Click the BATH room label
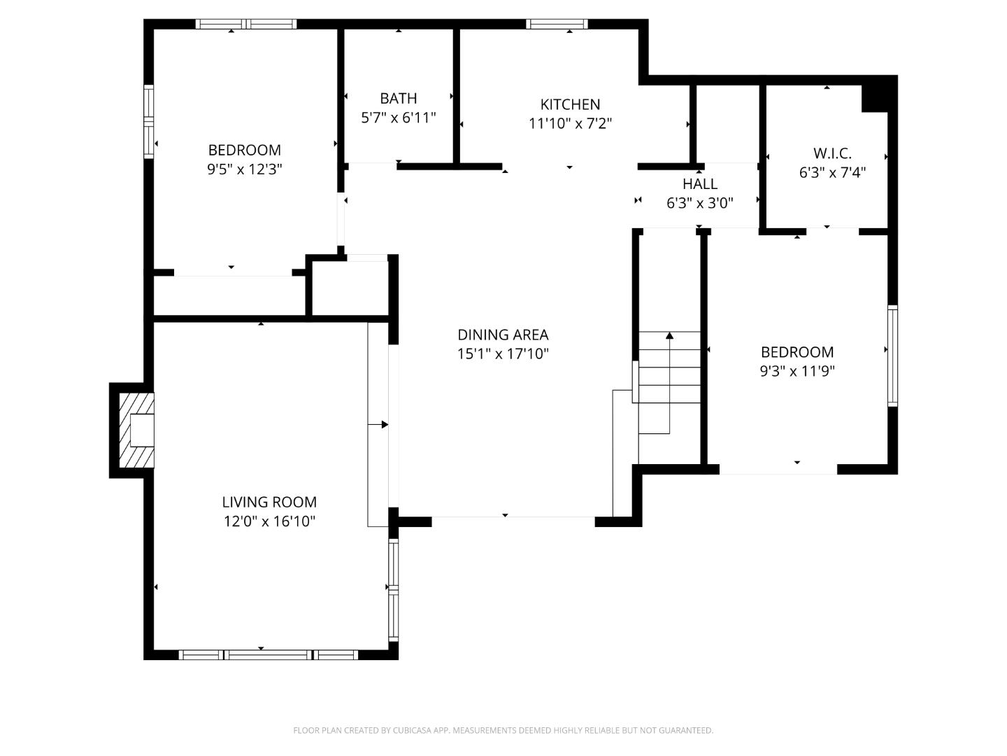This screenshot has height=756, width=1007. click(x=398, y=99)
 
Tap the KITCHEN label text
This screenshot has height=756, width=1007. click(x=570, y=104)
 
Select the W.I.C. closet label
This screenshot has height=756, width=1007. click(x=832, y=153)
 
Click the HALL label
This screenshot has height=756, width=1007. click(x=699, y=184)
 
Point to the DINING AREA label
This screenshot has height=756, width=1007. click(x=503, y=335)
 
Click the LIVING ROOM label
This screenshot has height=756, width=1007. click(x=269, y=502)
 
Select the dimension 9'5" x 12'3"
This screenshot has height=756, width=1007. click(x=244, y=169)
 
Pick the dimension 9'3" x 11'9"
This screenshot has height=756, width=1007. click(x=797, y=371)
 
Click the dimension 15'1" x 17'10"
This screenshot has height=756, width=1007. click(x=503, y=354)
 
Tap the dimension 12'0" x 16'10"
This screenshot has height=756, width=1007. click(x=269, y=521)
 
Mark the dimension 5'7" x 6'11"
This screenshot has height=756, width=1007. click(x=398, y=118)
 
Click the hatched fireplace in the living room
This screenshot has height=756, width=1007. click(x=136, y=430)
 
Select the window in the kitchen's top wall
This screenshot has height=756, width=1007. click(x=557, y=24)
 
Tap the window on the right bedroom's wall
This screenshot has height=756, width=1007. click(x=892, y=356)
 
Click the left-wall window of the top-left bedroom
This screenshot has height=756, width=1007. click(x=148, y=121)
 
